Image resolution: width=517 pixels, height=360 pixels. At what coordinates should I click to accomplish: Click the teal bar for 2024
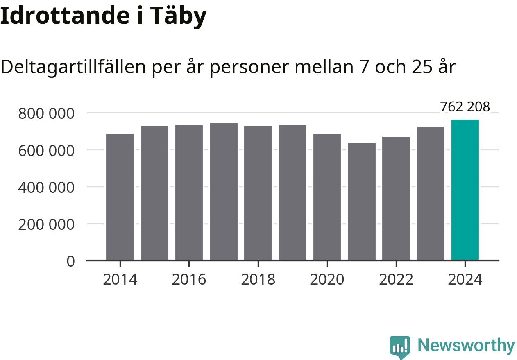coord(465,190)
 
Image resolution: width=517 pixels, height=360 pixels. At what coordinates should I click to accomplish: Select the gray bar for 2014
coord(120,197)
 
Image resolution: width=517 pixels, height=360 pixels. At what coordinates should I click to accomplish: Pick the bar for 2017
coord(224,192)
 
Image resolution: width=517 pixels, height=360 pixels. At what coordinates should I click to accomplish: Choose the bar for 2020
coord(327,197)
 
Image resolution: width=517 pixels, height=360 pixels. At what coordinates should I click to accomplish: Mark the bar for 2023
coord(431,193)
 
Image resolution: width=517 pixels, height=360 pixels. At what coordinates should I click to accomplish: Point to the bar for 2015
coord(154,193)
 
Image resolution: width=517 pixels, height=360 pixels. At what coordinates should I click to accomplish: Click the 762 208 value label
coord(465,107)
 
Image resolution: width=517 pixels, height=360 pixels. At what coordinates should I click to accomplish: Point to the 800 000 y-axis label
coord(46,113)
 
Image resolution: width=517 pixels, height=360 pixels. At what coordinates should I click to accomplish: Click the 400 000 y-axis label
coord(46,188)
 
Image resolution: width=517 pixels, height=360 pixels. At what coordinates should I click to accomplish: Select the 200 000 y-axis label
coord(46,224)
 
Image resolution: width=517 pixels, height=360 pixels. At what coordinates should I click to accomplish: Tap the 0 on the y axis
coord(70,261)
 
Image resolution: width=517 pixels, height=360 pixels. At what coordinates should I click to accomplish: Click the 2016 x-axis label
coord(189,280)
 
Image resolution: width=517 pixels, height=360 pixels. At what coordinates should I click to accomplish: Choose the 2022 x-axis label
coord(396,280)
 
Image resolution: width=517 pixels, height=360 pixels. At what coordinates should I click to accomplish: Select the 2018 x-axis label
coord(258,280)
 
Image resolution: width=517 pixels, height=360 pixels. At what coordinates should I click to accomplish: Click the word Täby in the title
coord(179,16)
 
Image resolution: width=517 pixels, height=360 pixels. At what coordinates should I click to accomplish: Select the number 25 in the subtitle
coord(423,67)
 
